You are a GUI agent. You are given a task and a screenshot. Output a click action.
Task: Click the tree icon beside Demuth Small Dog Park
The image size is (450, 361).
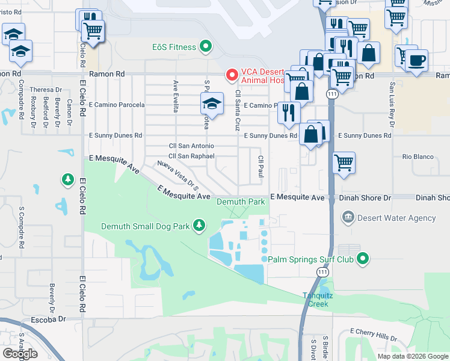click(x=199, y=226)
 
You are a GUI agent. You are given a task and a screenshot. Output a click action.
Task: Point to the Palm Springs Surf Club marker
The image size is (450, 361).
click(x=362, y=259)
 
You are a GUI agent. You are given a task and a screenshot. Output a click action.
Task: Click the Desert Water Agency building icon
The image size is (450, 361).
click(x=347, y=217)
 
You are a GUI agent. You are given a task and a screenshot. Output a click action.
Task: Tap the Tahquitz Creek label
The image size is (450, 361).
click(x=315, y=299)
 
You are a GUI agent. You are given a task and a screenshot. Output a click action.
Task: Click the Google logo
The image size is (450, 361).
click(x=20, y=353)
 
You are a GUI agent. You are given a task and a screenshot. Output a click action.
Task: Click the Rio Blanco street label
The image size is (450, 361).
click(x=418, y=156)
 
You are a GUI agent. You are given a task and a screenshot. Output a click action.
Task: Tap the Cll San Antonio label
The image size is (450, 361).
click(x=191, y=146)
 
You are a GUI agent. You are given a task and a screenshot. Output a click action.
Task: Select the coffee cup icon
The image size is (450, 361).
click(x=416, y=60)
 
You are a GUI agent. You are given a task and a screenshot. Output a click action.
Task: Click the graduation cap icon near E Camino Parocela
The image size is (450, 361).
click(x=212, y=104)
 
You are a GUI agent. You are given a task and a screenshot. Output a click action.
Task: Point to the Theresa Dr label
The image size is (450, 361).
click(x=42, y=89)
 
